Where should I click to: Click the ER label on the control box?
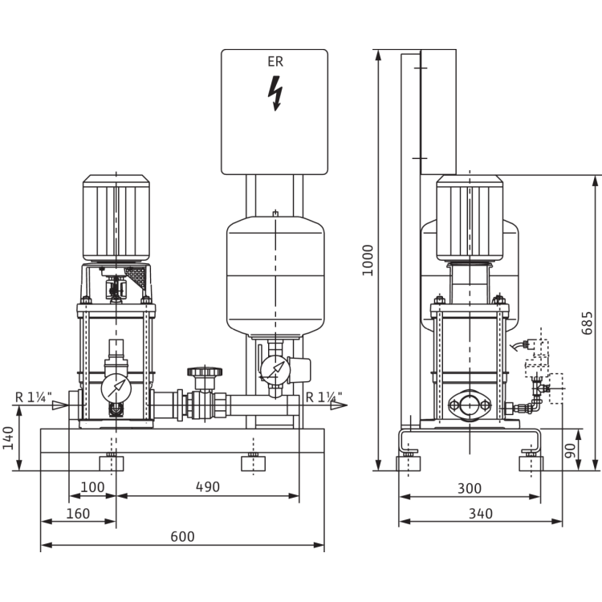[275, 60]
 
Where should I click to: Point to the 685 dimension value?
[586, 321]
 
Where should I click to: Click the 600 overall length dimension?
[183, 535]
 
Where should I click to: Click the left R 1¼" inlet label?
[32, 395]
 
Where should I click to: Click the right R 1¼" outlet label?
[323, 395]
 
